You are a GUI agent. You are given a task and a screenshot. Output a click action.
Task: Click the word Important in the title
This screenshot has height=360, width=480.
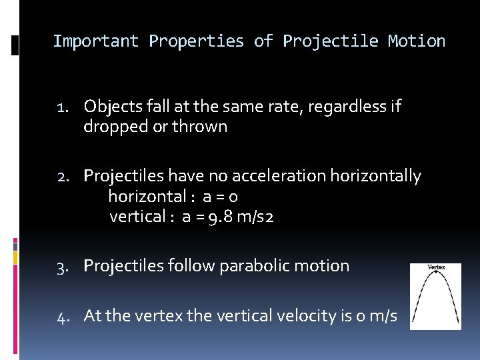(96, 41)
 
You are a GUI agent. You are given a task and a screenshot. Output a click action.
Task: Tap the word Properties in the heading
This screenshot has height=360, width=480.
(197, 41)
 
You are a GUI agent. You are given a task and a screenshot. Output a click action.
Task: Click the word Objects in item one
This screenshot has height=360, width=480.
(110, 107)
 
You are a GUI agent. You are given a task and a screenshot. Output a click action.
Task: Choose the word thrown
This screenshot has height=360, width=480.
(200, 127)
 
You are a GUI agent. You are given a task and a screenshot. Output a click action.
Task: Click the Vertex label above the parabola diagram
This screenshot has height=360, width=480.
(435, 267)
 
